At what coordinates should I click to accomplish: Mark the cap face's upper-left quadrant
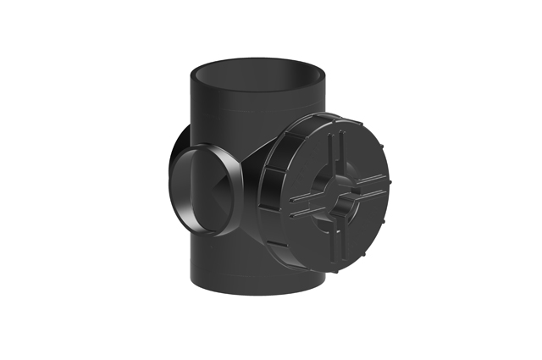(310, 161)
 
